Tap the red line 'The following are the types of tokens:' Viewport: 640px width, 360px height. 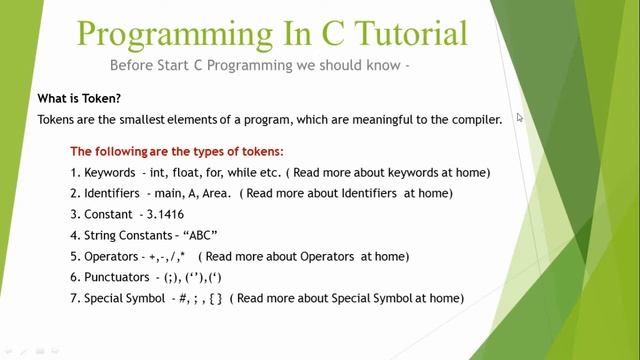tap(177, 152)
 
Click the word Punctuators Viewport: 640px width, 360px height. tap(118, 277)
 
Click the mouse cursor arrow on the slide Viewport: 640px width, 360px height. tap(520, 117)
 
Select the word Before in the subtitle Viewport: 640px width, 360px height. tap(136, 66)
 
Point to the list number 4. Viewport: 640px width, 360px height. tap(74, 235)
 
